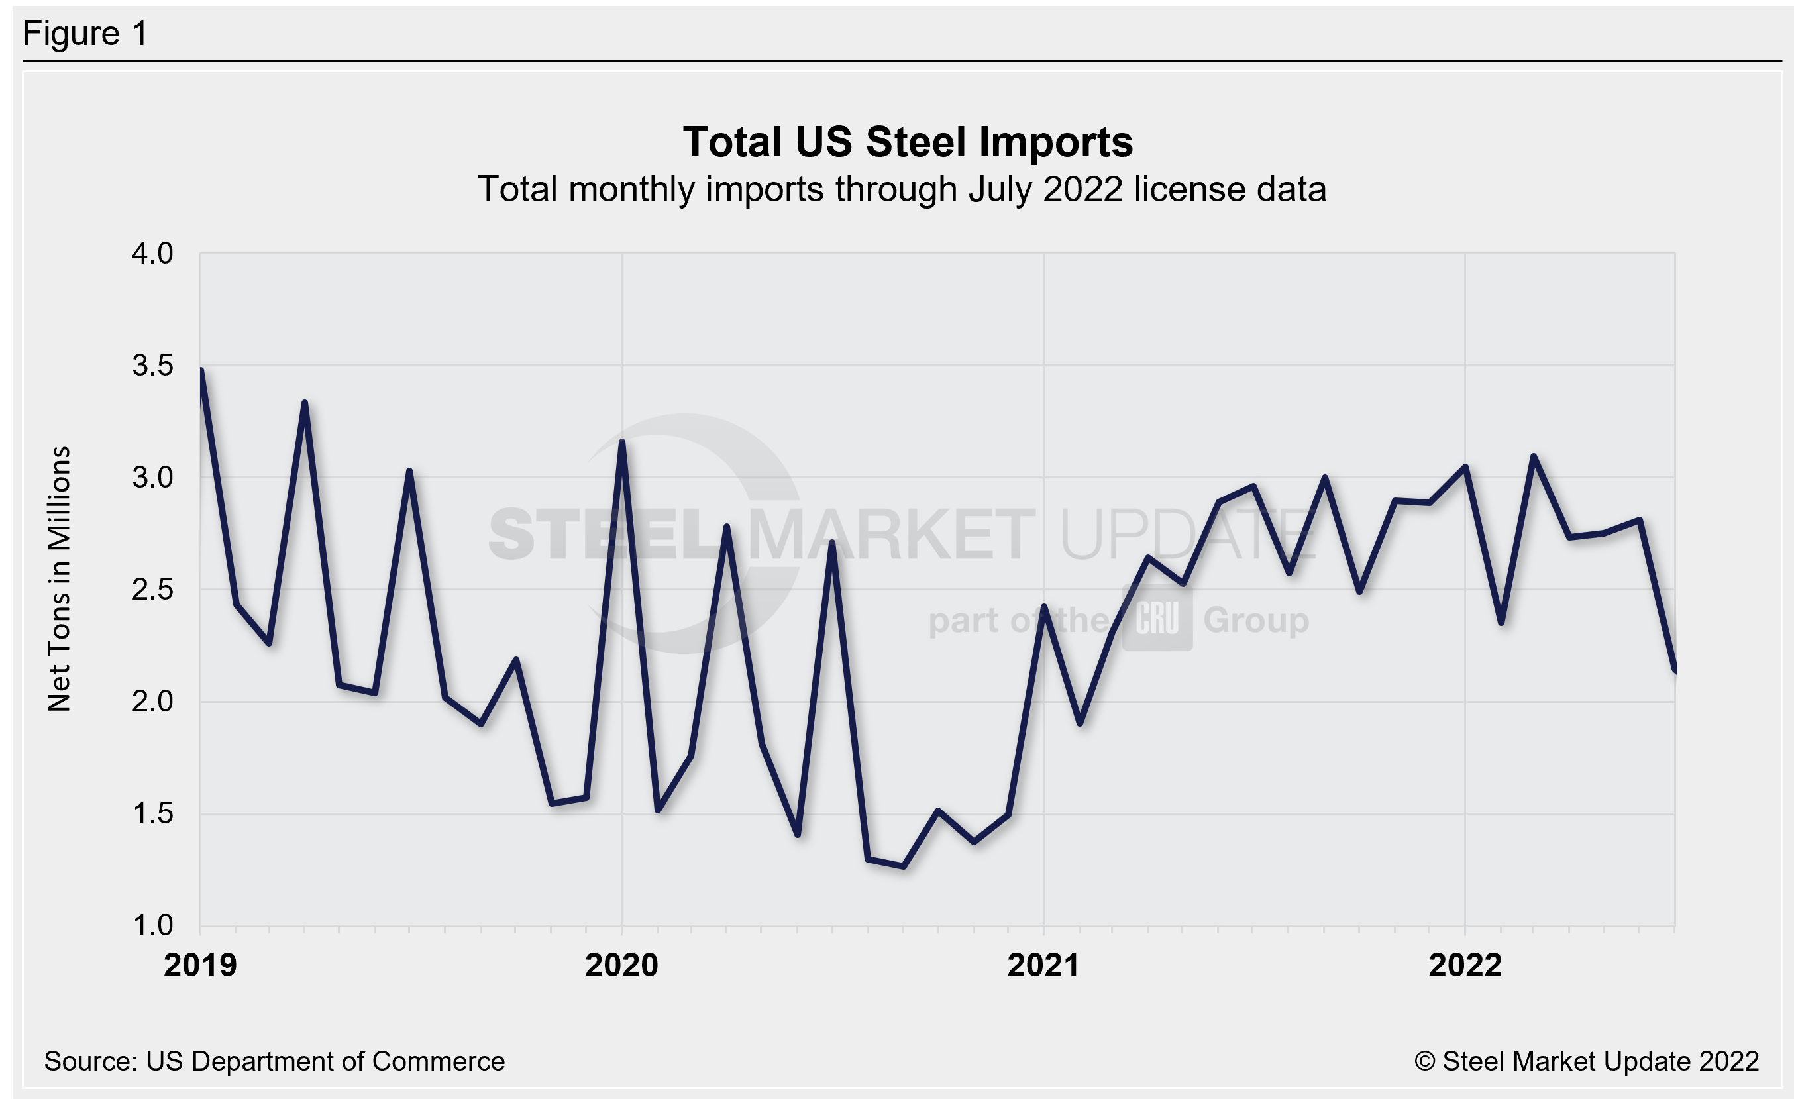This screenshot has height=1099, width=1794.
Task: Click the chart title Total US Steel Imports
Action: pos(907,141)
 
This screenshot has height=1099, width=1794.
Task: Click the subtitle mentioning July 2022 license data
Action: pos(902,189)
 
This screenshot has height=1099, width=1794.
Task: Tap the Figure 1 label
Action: pos(85,34)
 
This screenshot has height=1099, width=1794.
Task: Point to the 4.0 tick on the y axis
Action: pos(152,253)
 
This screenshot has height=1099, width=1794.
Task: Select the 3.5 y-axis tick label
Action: pos(152,366)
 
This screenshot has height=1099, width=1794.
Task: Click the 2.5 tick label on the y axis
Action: pos(152,590)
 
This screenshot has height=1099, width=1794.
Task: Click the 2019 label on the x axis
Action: pos(200,965)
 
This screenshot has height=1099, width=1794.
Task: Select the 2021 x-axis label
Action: pos(1043,965)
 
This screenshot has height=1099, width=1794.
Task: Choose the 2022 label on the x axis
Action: pos(1465,965)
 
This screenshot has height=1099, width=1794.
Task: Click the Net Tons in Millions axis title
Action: pos(59,578)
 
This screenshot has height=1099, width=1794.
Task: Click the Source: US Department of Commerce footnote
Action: pos(274,1061)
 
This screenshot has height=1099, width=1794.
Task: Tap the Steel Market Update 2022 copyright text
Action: pos(1587,1061)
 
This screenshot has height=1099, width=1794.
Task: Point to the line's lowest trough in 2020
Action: pos(904,866)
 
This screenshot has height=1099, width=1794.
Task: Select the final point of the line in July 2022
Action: pos(1675,671)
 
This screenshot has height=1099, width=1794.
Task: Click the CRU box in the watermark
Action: pos(1157,619)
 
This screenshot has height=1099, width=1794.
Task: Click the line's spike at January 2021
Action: pos(1043,607)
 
